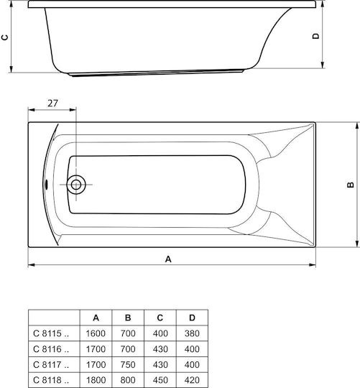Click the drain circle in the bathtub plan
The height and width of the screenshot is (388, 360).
tap(76, 185)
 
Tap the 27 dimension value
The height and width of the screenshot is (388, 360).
tap(52, 103)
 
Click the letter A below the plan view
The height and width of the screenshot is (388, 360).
tap(168, 259)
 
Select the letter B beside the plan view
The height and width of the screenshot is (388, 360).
tap(351, 185)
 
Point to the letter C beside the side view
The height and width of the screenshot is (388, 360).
tap(5, 37)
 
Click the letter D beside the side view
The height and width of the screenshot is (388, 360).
tap(316, 36)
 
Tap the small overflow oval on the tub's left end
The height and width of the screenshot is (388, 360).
tap(46, 185)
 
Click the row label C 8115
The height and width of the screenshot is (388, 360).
tap(51, 333)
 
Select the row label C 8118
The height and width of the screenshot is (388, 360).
tap(51, 380)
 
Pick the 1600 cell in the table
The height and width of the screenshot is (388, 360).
tap(96, 333)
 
